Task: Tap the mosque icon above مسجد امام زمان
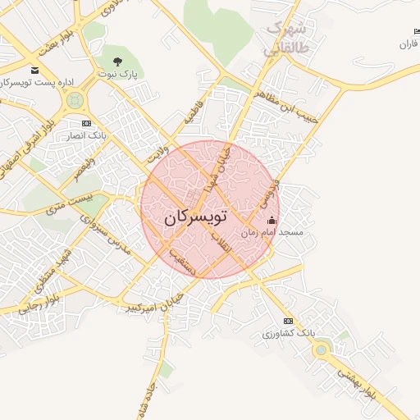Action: [x=272, y=221]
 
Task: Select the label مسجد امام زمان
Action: [x=272, y=233]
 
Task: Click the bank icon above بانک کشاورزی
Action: [x=288, y=321]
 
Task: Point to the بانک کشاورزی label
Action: [x=288, y=333]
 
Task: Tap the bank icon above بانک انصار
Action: [x=87, y=123]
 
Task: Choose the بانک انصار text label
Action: [x=87, y=135]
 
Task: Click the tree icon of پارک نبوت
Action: [x=116, y=62]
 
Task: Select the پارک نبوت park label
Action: [x=116, y=74]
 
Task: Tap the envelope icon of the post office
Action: [x=34, y=71]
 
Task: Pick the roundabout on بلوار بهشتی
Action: [x=321, y=351]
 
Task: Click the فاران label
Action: [x=408, y=43]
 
